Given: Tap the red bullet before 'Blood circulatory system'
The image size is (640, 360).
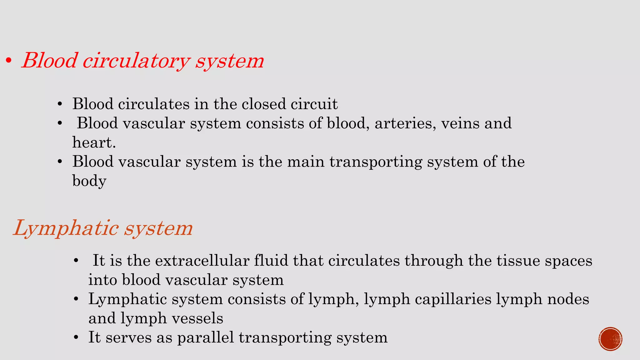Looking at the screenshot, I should [x=9, y=61].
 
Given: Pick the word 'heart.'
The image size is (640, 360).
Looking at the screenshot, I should [x=94, y=142].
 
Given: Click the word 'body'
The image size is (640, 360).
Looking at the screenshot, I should [x=89, y=181].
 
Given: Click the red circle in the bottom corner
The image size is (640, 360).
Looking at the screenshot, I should [x=610, y=339].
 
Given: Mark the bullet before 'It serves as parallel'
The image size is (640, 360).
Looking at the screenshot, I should [x=76, y=338].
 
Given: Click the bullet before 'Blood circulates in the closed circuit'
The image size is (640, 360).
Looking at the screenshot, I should [x=60, y=104].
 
